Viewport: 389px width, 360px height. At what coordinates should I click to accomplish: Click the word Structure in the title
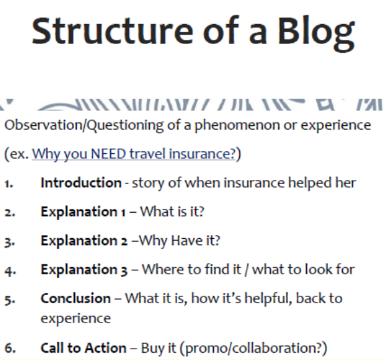pos(112,31)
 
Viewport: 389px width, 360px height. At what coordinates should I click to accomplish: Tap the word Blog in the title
pos(316,33)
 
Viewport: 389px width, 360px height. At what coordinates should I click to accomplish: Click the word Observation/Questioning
pos(84,125)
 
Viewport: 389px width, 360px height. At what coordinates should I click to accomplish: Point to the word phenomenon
pos(237,126)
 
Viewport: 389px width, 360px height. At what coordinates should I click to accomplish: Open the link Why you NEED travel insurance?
pos(134,154)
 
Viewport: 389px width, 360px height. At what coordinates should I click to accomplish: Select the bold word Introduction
pos(81,183)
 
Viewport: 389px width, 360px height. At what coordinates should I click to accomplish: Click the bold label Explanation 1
pos(83,212)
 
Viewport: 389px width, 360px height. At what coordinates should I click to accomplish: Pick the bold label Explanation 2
pos(84,241)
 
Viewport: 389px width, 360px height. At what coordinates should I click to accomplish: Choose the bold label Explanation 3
pos(84,270)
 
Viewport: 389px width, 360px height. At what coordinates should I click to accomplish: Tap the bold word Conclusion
pos(76,298)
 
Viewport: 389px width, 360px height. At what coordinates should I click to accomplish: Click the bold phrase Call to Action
pos(84,348)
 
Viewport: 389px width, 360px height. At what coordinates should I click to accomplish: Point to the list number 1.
pos(9,184)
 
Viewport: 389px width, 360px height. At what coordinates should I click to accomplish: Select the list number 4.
pos(10,271)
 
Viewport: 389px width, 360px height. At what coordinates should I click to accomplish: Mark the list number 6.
pos(10,349)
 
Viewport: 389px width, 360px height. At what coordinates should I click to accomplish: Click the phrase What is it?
pos(172,211)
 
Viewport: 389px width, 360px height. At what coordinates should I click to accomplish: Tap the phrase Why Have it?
pos(179,241)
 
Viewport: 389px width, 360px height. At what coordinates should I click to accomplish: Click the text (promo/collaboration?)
pos(253,349)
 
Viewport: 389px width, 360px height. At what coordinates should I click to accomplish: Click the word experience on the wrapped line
pos(76,319)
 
